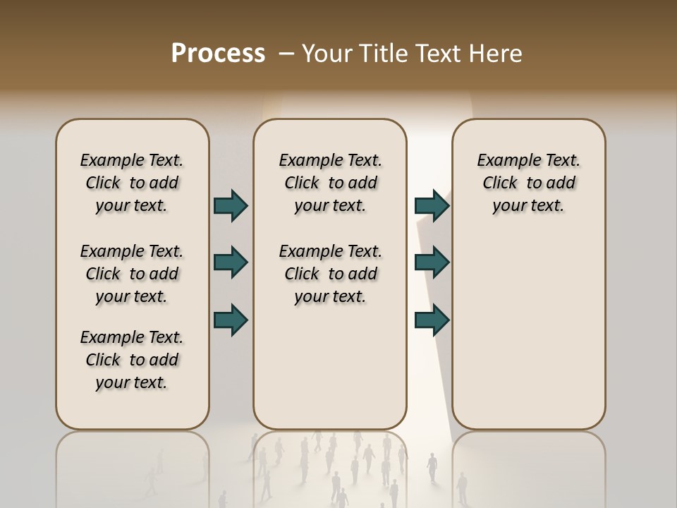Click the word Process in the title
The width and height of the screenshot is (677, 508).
coord(218,53)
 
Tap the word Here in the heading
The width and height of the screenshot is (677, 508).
coord(496,54)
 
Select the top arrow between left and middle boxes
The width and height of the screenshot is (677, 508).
coord(231,205)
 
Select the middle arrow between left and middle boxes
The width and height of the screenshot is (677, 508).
coord(231,262)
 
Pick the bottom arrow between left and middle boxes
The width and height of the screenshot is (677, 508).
coord(231,320)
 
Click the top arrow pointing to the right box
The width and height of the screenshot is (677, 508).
coord(432,205)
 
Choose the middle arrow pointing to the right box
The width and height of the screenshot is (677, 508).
coord(432,262)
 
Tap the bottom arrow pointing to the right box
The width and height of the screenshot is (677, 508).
coord(432,320)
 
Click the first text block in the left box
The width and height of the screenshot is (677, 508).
coord(132,183)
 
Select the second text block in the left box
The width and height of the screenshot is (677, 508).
coord(132,274)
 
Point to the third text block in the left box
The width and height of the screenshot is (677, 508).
coord(132,360)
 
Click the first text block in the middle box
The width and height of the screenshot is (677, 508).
coord(330,183)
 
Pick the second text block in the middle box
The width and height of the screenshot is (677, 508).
coord(330,274)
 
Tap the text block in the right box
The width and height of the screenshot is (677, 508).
coord(528,183)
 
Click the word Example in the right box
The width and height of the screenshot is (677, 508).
coord(504,161)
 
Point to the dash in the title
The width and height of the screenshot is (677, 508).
coord(286,54)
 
